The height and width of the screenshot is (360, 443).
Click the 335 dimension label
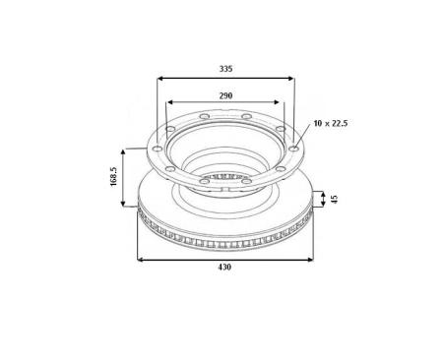[x=225, y=69]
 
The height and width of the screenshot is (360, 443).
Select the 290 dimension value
[x=225, y=94]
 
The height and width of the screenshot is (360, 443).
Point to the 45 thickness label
[x=334, y=199]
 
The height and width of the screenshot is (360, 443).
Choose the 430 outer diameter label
[x=224, y=268]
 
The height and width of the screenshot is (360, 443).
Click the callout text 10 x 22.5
[x=332, y=123]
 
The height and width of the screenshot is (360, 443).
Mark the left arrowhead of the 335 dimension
[x=159, y=79]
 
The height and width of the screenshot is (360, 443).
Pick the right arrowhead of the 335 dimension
[x=291, y=79]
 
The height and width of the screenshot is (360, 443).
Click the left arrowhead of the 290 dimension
[x=170, y=102]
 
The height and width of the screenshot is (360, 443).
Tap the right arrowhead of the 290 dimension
[x=281, y=102]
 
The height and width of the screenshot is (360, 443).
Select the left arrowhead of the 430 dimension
[x=140, y=260]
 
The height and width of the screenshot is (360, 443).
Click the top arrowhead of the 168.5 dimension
[x=124, y=151]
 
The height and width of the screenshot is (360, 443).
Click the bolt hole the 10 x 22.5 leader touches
[x=293, y=149]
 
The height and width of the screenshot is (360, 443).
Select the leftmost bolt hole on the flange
[x=155, y=149]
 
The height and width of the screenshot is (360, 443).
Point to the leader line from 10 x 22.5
[x=302, y=137]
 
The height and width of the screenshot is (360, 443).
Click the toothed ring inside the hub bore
[x=224, y=177]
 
